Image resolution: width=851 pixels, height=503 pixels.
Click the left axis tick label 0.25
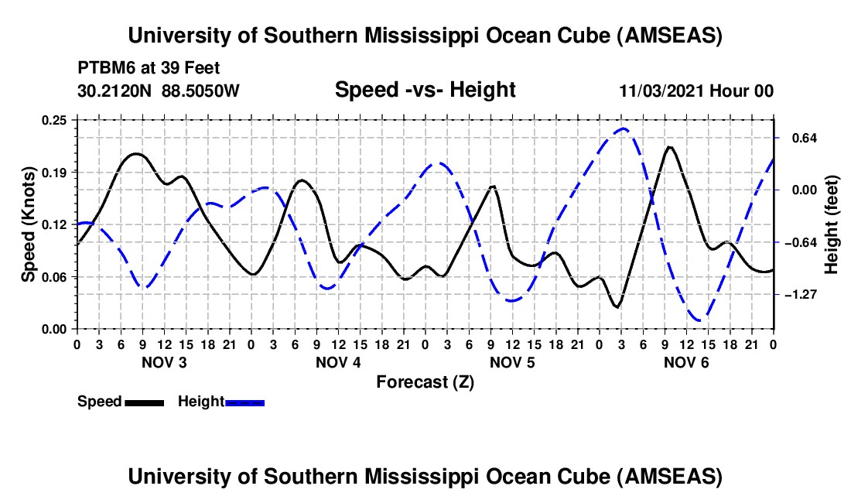coord(55,119)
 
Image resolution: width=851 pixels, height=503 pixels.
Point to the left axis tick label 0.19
coord(55,172)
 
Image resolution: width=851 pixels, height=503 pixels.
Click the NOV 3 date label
coord(164,362)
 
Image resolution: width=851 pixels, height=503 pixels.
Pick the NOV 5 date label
coord(512,362)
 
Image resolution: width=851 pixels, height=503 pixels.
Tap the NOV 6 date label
coord(686,362)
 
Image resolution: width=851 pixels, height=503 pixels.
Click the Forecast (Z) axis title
coord(425,382)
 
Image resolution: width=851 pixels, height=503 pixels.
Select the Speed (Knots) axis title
coord(28,224)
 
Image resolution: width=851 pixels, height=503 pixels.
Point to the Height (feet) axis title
coord(832,224)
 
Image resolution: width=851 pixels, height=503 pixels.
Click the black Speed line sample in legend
coord(144,402)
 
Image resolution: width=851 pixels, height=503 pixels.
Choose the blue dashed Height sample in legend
coord(244,402)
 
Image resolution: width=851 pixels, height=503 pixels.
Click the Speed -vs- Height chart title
coord(425,91)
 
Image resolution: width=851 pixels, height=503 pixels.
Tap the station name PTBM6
coord(104,67)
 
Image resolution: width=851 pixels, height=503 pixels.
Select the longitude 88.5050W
coord(201,91)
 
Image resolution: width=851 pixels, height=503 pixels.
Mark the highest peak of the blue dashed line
coord(623,128)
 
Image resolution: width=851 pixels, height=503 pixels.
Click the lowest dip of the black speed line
coord(617,307)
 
